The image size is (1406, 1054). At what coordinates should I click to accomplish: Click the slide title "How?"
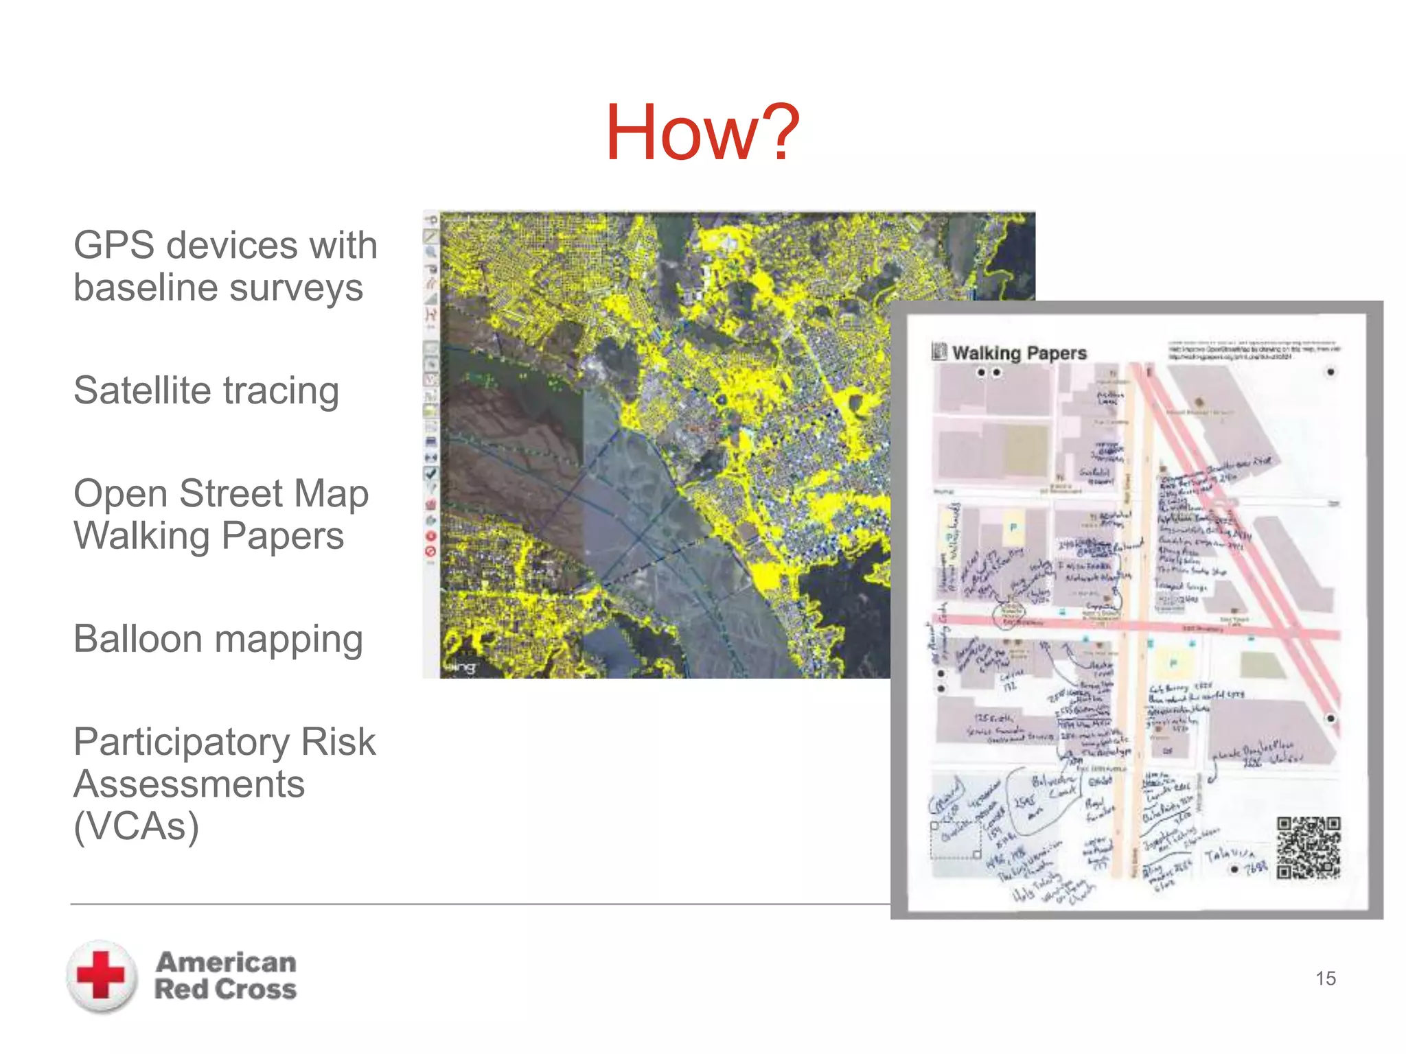pyautogui.click(x=702, y=132)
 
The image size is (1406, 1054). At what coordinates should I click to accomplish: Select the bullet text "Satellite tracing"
pyautogui.click(x=206, y=391)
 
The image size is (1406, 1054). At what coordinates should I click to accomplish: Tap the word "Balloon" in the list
pyautogui.click(x=137, y=640)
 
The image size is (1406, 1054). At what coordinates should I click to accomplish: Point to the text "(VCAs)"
pyautogui.click(x=136, y=826)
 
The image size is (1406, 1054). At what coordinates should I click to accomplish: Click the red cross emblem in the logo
pyautogui.click(x=102, y=975)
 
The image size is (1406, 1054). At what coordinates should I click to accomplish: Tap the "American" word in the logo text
pyautogui.click(x=226, y=962)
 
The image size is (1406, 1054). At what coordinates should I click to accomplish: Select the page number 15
pyautogui.click(x=1325, y=979)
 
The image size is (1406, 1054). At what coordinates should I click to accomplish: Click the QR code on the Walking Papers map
pyautogui.click(x=1308, y=848)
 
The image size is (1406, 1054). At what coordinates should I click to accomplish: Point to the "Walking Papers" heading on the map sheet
pyautogui.click(x=1019, y=353)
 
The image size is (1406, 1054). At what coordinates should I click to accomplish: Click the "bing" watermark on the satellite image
pyautogui.click(x=459, y=667)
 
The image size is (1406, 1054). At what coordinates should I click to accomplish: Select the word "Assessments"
pyautogui.click(x=189, y=784)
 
